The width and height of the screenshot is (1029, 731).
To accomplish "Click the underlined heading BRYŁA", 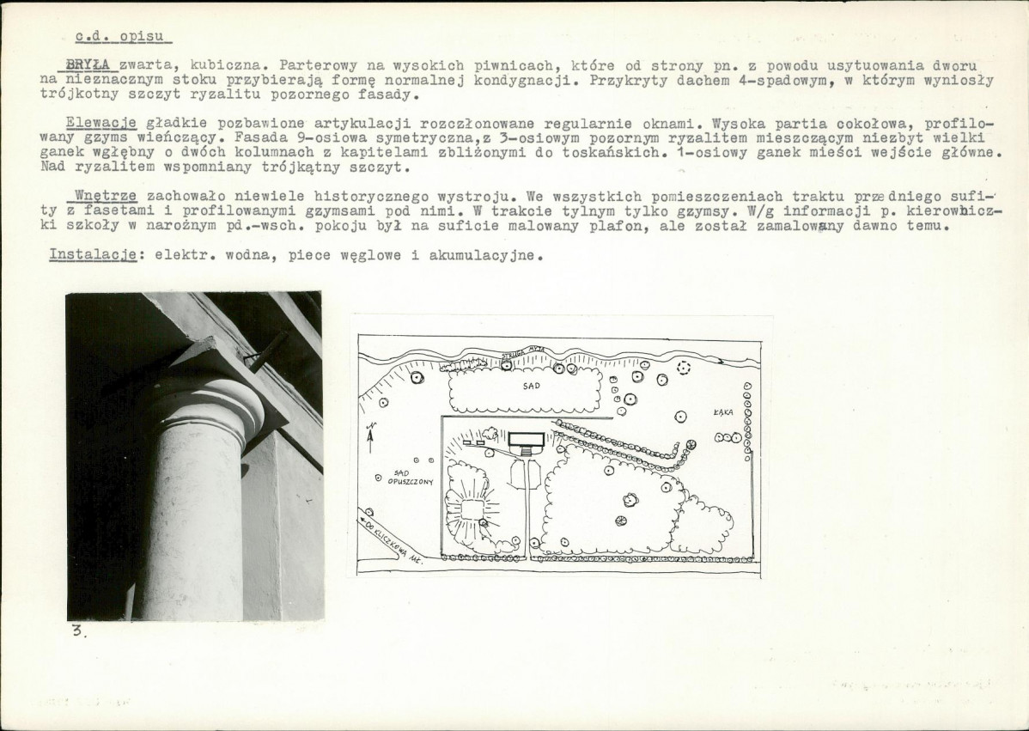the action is (x=88, y=65).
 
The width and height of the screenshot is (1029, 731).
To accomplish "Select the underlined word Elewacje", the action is (x=101, y=124).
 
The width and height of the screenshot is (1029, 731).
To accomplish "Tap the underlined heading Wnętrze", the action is (x=106, y=196).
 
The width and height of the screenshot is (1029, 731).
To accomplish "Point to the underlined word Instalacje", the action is (x=93, y=255).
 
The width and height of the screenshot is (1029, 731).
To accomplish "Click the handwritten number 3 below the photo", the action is (x=78, y=631).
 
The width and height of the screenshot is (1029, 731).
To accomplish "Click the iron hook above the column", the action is (x=265, y=351).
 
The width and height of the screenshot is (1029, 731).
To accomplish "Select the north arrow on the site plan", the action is (x=371, y=436).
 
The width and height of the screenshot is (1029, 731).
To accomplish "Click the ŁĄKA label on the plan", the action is (x=723, y=413).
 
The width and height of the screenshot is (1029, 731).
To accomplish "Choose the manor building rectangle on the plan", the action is (x=527, y=439).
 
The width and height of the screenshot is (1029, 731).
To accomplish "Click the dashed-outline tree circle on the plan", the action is (x=684, y=368).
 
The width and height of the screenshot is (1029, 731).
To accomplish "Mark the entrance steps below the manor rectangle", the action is (x=527, y=452).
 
